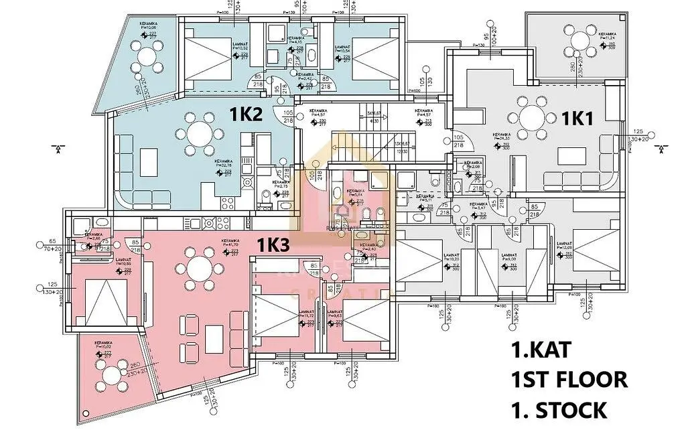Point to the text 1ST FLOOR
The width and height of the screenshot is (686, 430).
pyautogui.click(x=569, y=380)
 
